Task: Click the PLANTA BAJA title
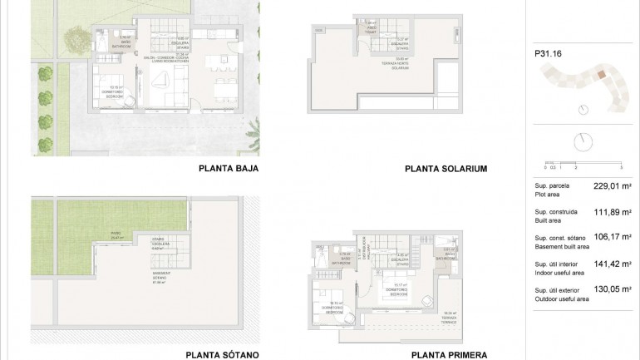click(x=229, y=168)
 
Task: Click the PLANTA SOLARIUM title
click(x=446, y=168)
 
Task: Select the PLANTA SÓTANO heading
click(x=222, y=353)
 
